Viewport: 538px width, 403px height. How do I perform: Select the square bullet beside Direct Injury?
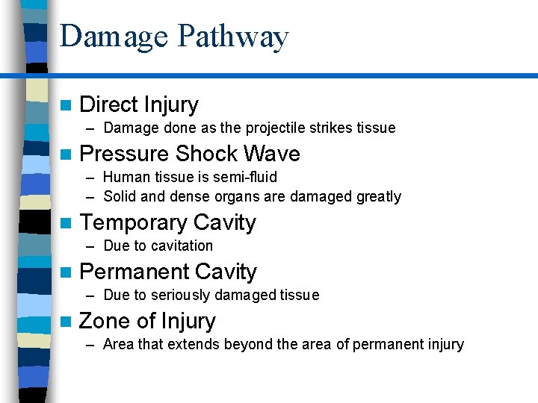(68, 104)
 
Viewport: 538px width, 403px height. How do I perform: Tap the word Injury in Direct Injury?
(171, 105)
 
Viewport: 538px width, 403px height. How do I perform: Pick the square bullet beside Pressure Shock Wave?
(68, 154)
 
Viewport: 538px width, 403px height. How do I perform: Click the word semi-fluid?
(247, 177)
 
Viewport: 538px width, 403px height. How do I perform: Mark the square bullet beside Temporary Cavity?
(68, 222)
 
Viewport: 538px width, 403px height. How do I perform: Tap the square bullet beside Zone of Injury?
(68, 321)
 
